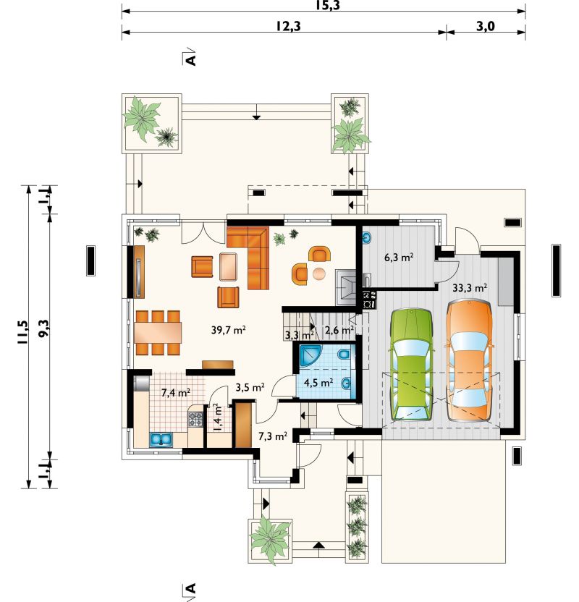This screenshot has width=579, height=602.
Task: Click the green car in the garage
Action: pyautogui.click(x=411, y=365)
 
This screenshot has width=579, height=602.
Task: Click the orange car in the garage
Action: pyautogui.click(x=469, y=361)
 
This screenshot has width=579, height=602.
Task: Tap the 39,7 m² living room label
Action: pyautogui.click(x=229, y=329)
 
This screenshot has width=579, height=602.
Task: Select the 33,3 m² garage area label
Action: pyautogui.click(x=470, y=287)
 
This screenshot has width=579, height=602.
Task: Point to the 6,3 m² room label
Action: pyautogui.click(x=399, y=257)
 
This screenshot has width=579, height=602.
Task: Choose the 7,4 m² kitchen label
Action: pyautogui.click(x=176, y=392)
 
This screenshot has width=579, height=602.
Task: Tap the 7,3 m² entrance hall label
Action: pyautogui.click(x=273, y=436)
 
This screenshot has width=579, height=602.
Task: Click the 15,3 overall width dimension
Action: pyautogui.click(x=328, y=5)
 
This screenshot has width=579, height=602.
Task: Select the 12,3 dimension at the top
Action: pyautogui.click(x=288, y=26)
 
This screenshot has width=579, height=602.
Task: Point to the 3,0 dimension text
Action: pyautogui.click(x=486, y=26)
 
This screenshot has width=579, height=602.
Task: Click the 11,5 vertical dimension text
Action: pyautogui.click(x=22, y=331)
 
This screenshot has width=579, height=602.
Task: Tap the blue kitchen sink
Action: pyautogui.click(x=161, y=440)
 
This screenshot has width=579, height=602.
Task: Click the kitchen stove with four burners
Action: pyautogui.click(x=195, y=418)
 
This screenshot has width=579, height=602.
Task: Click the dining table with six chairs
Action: pyautogui.click(x=158, y=333)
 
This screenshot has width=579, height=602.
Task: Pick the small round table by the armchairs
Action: pyautogui.click(x=319, y=274)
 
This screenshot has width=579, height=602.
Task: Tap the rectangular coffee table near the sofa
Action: pyautogui.click(x=228, y=267)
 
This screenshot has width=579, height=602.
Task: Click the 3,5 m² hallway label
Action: pyautogui.click(x=250, y=387)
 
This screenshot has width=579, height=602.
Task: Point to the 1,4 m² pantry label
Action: pyautogui.click(x=218, y=417)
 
